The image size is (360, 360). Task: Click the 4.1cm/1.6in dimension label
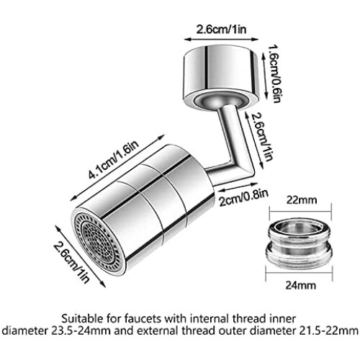[114, 159]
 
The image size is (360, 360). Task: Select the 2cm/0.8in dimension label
[244, 197]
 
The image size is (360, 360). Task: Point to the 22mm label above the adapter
[302, 200]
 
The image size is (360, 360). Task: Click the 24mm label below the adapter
[301, 285]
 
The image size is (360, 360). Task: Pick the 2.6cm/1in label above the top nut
[222, 30]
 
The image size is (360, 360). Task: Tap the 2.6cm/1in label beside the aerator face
[71, 262]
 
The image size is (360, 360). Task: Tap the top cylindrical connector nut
[221, 77]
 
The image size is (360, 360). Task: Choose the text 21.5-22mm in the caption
[328, 331]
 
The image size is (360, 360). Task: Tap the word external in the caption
[156, 331]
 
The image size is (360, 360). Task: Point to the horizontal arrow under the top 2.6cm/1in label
[221, 39]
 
